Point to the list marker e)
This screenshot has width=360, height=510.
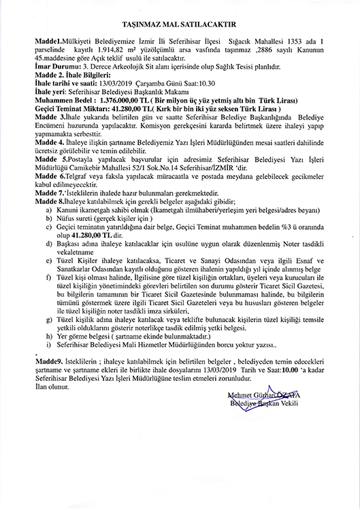click(49, 278)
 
